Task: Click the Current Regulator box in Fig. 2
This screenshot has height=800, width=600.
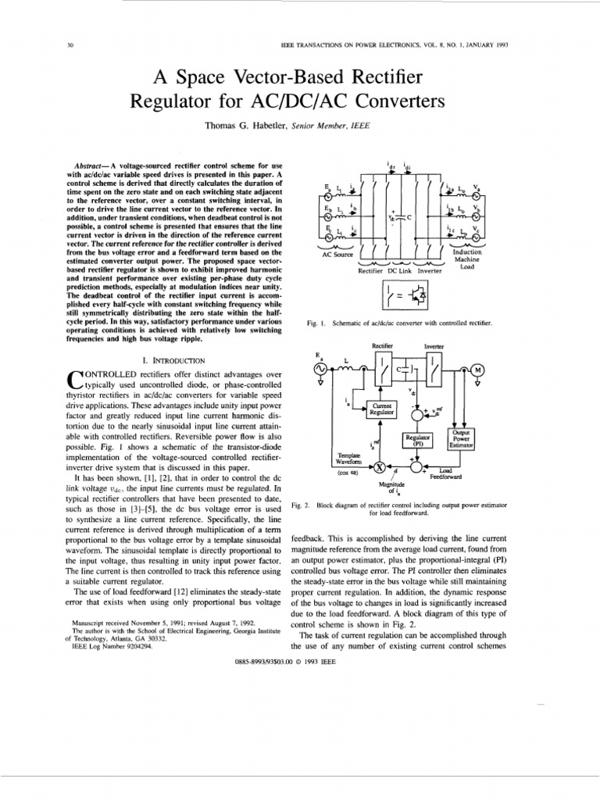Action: (382, 409)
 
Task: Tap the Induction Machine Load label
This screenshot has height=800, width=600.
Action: (467, 259)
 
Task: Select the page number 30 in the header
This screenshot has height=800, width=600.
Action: (70, 45)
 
